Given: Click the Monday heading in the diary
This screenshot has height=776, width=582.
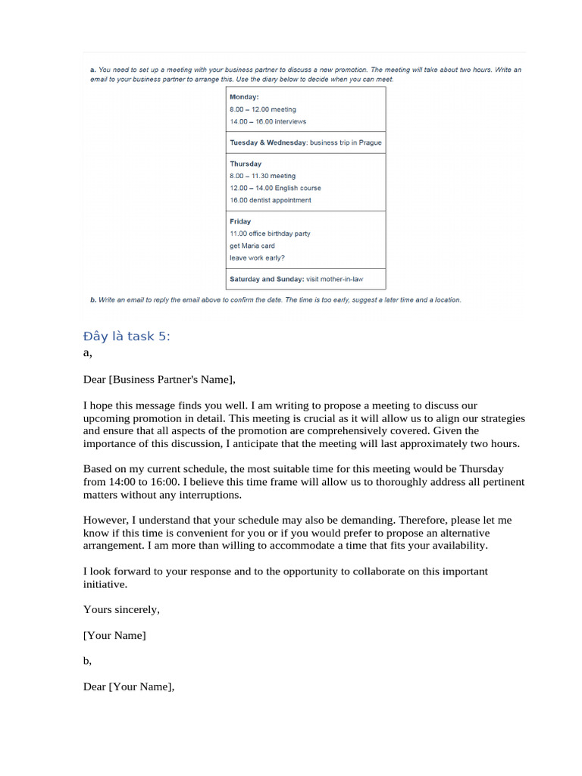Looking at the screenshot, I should click(244, 97).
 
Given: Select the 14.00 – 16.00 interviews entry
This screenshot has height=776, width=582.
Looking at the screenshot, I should click(268, 121).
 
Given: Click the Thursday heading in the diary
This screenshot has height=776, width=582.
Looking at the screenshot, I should click(246, 164).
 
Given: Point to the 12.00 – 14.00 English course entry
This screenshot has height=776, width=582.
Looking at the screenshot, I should click(275, 188).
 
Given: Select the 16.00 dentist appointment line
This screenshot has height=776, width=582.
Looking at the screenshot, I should click(270, 200).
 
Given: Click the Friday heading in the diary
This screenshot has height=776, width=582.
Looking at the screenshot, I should click(240, 221).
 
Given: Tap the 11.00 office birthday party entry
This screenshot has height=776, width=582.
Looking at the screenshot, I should click(270, 233).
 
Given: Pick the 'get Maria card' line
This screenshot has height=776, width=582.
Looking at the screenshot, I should click(252, 246).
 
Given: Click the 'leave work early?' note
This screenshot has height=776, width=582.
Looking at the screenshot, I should click(257, 258).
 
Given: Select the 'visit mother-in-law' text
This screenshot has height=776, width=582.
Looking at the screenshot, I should click(334, 279).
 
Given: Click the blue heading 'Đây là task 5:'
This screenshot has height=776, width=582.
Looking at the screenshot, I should click(127, 336).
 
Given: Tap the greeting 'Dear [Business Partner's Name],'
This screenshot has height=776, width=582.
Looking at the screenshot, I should click(159, 380).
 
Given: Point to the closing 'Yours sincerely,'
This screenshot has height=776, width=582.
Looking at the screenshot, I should click(121, 609).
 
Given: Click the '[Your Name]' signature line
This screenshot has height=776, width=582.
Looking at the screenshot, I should click(114, 635).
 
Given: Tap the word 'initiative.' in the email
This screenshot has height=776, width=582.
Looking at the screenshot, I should click(105, 584).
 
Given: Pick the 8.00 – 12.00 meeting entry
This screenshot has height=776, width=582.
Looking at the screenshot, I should click(263, 109).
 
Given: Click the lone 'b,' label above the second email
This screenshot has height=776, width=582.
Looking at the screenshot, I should click(87, 661).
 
